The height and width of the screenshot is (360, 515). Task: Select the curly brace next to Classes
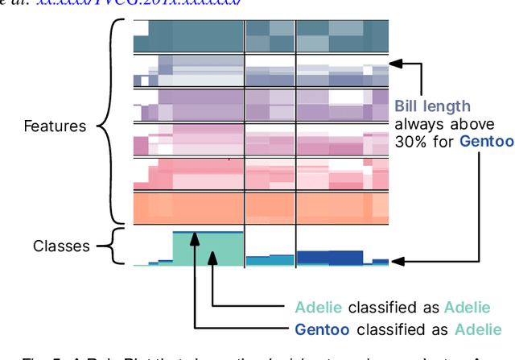[x=118, y=246]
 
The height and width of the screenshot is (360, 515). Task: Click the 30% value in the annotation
[x=409, y=141]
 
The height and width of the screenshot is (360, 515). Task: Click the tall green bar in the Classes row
[x=207, y=249]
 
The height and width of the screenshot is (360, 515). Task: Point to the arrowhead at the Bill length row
[x=394, y=62]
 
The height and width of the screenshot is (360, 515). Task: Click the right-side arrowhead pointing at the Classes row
[x=395, y=261]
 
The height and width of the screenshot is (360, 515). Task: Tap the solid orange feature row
[x=261, y=208]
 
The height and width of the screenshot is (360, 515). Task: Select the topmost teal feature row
[x=261, y=36]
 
